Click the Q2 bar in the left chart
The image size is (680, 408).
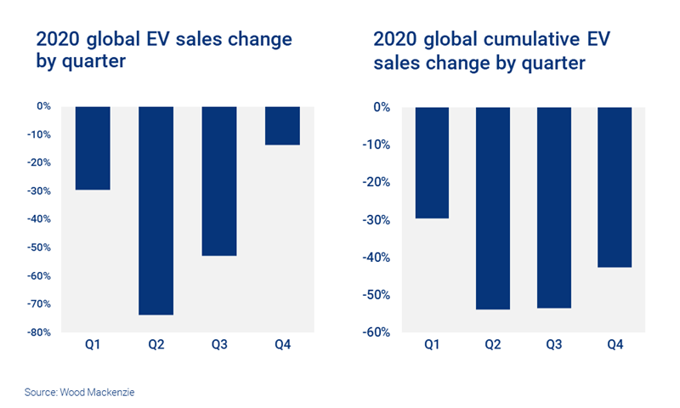point(156,211)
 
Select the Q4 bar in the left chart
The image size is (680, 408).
point(282,126)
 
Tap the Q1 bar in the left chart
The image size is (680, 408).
point(93,148)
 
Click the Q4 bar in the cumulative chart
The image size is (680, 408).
point(615,187)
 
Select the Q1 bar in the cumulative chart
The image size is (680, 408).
point(431,162)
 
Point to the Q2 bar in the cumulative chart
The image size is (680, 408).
point(492,208)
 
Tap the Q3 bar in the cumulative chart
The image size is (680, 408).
point(554,207)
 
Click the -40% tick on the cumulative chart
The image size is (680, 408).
point(374,258)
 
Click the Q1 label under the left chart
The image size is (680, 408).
point(93,346)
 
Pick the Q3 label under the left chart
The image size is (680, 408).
point(219,346)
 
